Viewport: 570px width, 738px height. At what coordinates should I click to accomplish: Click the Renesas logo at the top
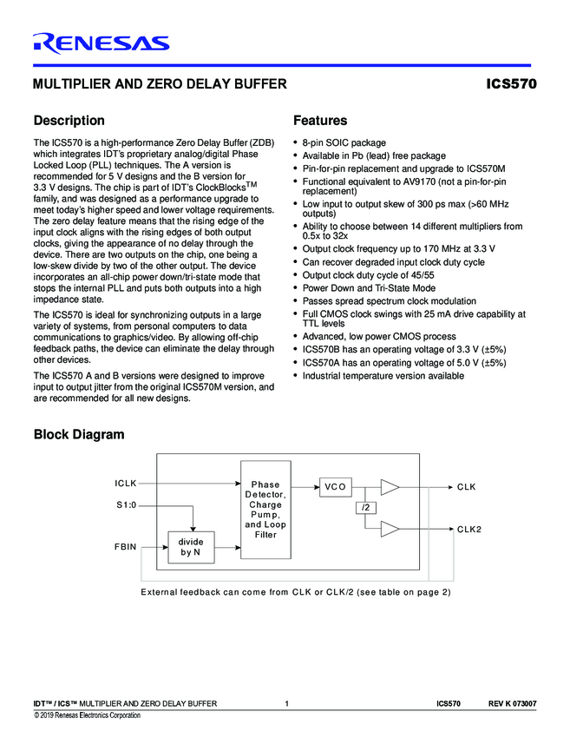(101, 43)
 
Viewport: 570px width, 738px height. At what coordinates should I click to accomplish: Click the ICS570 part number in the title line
(511, 84)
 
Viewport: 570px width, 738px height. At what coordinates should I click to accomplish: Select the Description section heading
(69, 121)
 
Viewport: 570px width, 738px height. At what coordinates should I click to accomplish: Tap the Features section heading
(320, 121)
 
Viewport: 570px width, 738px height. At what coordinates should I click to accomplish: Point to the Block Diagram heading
(78, 434)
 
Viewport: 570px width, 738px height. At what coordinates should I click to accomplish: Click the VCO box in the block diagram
(336, 487)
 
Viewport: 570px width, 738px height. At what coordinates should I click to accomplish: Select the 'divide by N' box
(191, 546)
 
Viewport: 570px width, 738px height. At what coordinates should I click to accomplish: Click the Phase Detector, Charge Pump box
(265, 510)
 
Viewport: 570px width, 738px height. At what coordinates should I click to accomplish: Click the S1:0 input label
(127, 504)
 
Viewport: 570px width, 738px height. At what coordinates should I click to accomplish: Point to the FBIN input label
(127, 548)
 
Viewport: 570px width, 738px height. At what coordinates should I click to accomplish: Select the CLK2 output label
(469, 529)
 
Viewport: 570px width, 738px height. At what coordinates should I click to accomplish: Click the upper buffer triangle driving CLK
(390, 486)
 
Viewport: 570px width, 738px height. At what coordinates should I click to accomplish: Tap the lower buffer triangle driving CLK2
(390, 529)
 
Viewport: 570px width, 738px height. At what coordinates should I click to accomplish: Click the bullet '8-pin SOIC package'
(344, 142)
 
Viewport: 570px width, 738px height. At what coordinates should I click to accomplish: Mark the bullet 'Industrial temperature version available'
(383, 376)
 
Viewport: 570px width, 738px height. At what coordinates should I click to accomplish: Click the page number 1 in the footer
(285, 703)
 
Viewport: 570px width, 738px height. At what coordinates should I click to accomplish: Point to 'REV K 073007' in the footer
(512, 703)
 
